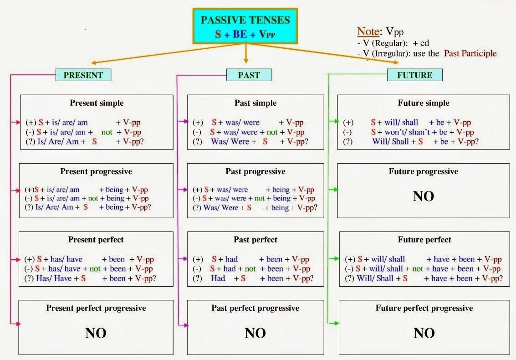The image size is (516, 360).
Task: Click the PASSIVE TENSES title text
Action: (245, 20)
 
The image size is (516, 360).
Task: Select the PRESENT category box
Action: (83, 75)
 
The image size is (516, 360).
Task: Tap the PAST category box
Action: (249, 75)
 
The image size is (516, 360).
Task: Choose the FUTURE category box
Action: (414, 75)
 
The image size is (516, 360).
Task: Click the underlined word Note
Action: (368, 32)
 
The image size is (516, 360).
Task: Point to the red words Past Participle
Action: (470, 53)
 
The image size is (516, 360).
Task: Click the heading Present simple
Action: (97, 103)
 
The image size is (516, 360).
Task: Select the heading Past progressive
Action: (255, 172)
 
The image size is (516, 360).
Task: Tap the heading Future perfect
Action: (424, 240)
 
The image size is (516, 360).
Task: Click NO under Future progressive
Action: (424, 196)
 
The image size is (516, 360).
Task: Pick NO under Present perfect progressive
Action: (96, 333)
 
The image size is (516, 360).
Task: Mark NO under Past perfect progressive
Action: (255, 333)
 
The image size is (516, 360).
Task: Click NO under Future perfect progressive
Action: (424, 333)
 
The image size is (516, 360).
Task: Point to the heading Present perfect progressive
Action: (96, 308)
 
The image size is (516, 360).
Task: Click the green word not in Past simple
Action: (272, 132)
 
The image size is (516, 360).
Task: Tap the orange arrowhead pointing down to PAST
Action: (246, 61)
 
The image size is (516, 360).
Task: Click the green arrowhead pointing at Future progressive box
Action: (335, 189)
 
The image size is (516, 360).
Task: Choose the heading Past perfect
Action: (255, 240)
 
